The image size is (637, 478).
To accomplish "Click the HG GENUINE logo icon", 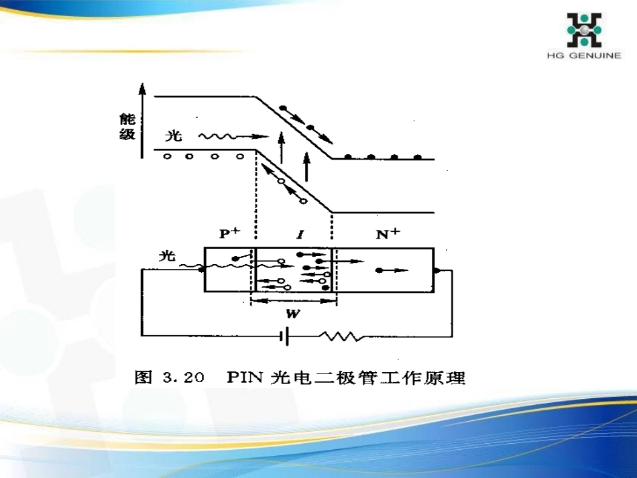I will point(584,30).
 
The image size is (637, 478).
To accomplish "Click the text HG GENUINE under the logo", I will point(583,56).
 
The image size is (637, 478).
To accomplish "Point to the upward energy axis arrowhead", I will point(141,89).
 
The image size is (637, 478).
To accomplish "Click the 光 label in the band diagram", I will point(173,136).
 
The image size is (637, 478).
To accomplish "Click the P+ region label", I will point(229,234).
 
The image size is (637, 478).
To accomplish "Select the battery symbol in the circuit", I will point(286,335).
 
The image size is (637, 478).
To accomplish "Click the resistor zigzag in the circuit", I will point(342,335).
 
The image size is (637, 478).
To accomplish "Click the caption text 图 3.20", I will point(169,377).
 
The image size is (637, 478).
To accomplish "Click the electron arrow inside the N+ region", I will point(392,270).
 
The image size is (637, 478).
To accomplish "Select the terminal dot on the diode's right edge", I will point(436,271).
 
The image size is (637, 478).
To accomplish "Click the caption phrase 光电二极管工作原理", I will point(367,377).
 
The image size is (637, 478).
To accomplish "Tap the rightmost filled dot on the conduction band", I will point(418,157).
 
